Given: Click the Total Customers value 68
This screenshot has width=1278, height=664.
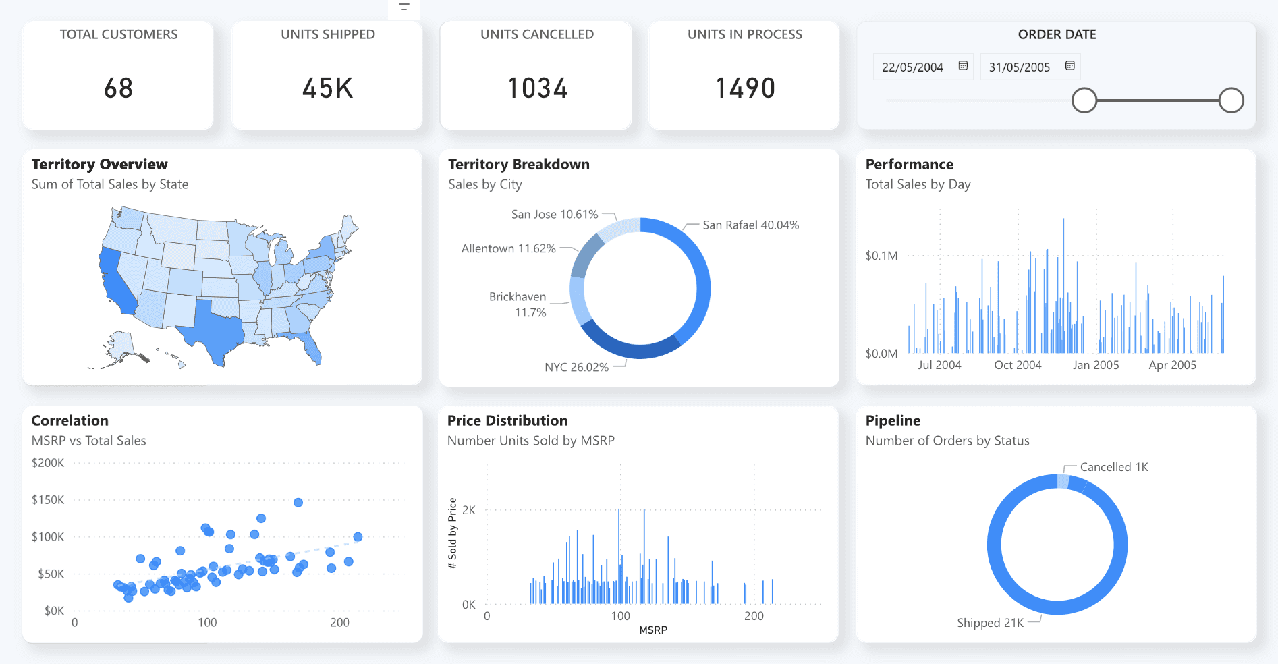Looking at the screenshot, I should click(118, 88).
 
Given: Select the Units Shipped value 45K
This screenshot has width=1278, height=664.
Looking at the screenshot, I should click(327, 88).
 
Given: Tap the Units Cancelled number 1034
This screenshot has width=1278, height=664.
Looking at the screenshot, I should click(537, 88).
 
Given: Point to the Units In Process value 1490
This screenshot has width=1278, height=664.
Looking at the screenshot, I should click(745, 88).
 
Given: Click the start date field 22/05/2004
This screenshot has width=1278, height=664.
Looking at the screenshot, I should click(912, 67).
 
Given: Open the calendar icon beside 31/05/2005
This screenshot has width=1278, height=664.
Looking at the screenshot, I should click(1069, 65).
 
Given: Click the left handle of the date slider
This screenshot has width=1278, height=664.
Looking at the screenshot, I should click(1084, 101).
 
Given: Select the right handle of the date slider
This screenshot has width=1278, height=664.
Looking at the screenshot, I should click(1231, 101).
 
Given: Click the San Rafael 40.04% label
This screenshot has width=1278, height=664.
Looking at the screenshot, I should click(750, 225).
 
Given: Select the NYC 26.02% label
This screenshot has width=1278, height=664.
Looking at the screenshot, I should click(576, 367).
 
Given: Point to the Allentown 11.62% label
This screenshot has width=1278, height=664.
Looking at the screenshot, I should click(508, 248).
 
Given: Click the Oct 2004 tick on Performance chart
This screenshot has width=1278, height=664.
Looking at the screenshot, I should click(1018, 365).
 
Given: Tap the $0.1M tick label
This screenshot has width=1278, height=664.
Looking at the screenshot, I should click(881, 256).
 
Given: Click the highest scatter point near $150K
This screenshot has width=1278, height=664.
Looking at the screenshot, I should click(298, 502).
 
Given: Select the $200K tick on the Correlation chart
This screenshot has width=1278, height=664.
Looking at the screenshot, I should click(48, 463).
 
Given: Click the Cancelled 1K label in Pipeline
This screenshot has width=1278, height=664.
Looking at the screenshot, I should click(1113, 467).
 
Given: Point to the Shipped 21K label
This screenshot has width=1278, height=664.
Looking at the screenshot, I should click(990, 623).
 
